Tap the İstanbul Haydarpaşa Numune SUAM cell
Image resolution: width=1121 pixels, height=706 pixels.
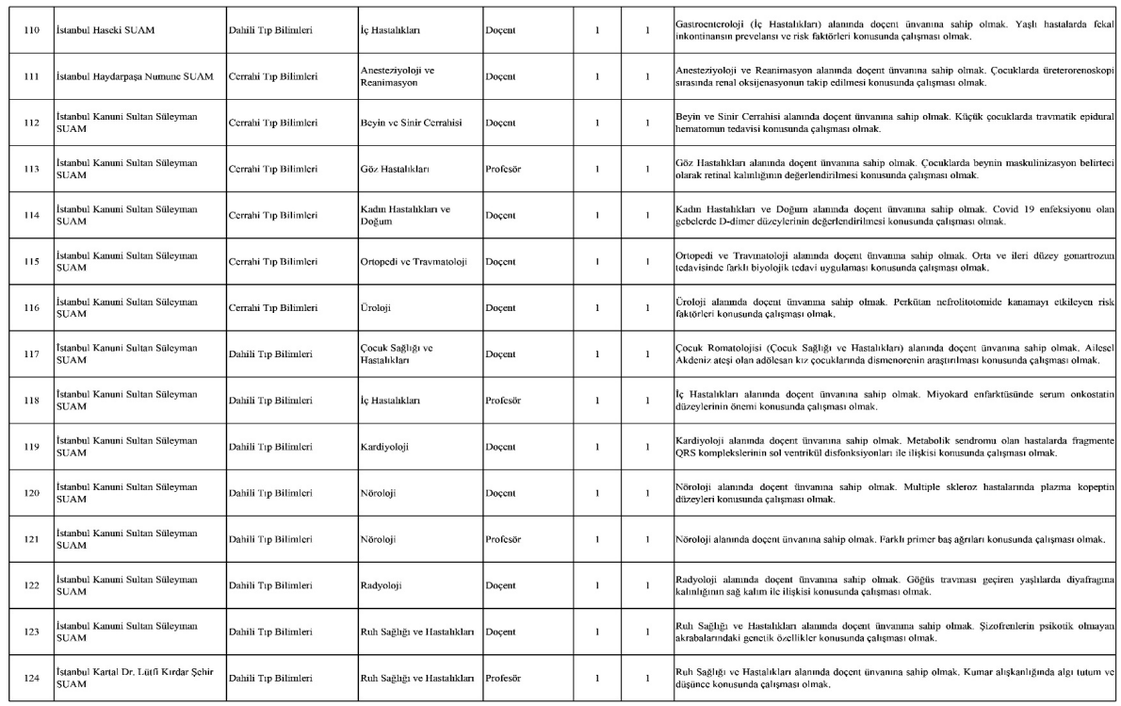pos(134,76)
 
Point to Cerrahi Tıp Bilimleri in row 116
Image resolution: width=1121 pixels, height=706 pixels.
pos(271,307)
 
